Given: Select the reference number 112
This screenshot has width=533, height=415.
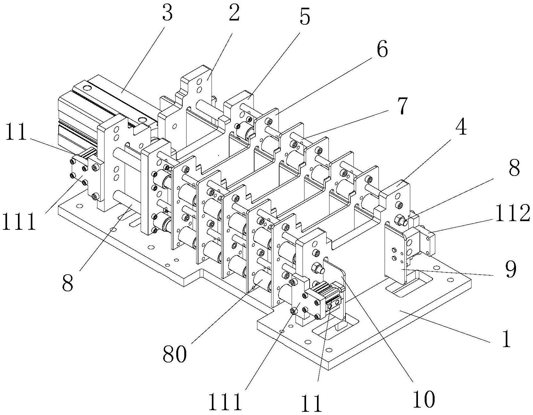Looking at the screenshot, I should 512,214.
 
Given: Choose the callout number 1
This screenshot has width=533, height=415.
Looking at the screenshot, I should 506,340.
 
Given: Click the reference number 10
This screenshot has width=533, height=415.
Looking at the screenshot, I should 424,399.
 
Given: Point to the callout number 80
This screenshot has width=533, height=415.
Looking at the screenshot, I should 174,354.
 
